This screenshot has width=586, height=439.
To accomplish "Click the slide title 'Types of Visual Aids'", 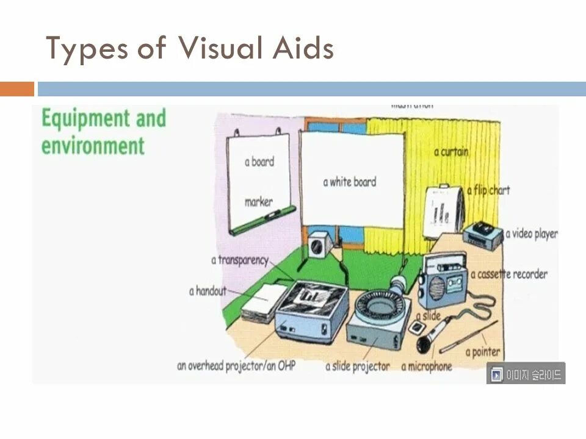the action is click(x=190, y=49).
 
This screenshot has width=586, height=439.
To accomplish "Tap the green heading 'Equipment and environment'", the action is click(x=103, y=132).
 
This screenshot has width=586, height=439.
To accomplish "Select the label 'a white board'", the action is click(x=349, y=182).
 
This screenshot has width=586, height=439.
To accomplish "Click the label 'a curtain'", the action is click(x=451, y=152).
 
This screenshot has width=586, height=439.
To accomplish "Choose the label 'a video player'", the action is click(x=530, y=234).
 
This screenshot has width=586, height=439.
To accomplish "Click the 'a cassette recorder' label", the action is click(x=508, y=274).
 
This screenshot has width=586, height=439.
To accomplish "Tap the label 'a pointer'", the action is click(x=482, y=352).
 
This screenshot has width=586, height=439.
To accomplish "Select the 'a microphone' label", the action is click(x=426, y=366).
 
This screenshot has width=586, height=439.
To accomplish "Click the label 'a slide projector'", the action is click(x=357, y=366).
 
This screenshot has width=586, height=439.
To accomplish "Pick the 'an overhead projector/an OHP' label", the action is click(x=236, y=366).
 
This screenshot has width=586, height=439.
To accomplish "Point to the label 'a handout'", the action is click(x=208, y=291).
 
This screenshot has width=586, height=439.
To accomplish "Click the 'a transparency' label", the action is click(x=239, y=260).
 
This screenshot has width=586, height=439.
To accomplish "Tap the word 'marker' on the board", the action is click(x=259, y=201).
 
